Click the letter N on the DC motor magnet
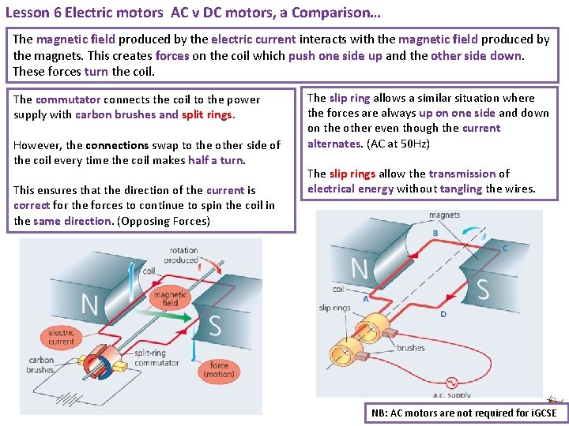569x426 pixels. coord(89,305)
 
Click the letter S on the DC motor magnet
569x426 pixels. coord(214,325)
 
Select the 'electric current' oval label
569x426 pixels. coord(61,337)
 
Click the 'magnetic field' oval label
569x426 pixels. coord(171,298)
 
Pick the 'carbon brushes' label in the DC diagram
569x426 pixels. coord(40,364)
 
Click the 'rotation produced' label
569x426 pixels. coord(183,256)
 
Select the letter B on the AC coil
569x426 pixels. coord(435,234)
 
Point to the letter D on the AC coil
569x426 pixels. coord(443,314)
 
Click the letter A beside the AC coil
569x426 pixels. coord(365,299)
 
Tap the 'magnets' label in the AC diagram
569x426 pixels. coord(444,215)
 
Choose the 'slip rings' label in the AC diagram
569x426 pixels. coord(334,308)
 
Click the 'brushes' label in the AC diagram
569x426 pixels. coord(410,348)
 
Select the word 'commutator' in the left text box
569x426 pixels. coord(68,99)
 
